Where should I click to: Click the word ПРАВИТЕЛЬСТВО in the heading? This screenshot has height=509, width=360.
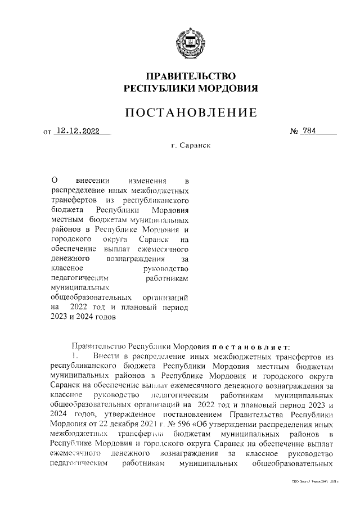coord(190,76)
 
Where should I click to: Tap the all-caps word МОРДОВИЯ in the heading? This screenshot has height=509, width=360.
coord(227,88)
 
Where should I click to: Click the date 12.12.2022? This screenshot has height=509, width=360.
coord(78,132)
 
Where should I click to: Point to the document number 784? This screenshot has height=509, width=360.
coord(309,132)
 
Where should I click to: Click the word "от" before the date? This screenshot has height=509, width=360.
coord(47,133)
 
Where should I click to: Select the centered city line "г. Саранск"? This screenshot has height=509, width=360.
coord(191,145)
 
